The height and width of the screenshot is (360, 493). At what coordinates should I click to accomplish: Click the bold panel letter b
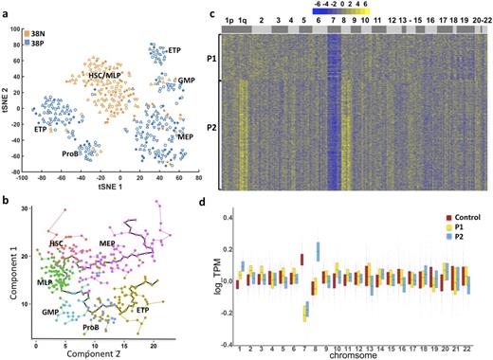coord(6,197)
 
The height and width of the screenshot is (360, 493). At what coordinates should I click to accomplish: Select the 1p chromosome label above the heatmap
coord(230,18)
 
